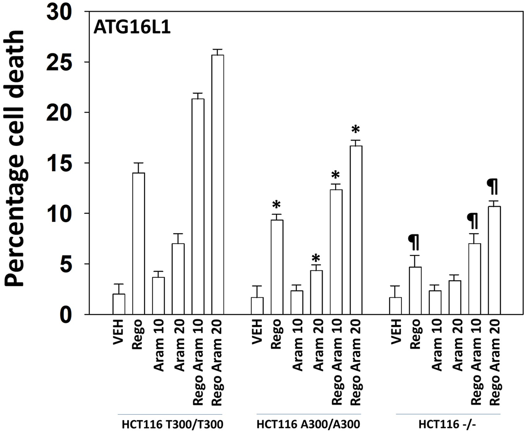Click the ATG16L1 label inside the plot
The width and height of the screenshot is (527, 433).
(132, 28)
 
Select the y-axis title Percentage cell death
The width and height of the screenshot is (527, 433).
(16, 158)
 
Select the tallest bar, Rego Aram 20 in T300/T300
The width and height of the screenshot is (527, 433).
(218, 184)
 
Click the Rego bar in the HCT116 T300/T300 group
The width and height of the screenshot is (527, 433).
(139, 243)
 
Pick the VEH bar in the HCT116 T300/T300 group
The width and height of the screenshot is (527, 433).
(119, 304)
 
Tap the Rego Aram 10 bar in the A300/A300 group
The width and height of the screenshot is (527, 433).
(336, 252)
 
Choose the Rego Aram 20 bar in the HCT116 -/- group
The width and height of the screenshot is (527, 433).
(494, 260)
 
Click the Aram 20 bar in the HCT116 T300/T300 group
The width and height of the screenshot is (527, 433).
(178, 279)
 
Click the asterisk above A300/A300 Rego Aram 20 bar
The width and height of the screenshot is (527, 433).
(356, 130)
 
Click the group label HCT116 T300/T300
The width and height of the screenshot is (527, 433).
(172, 424)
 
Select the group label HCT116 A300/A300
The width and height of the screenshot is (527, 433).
(308, 424)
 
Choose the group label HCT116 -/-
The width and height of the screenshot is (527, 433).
(447, 424)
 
